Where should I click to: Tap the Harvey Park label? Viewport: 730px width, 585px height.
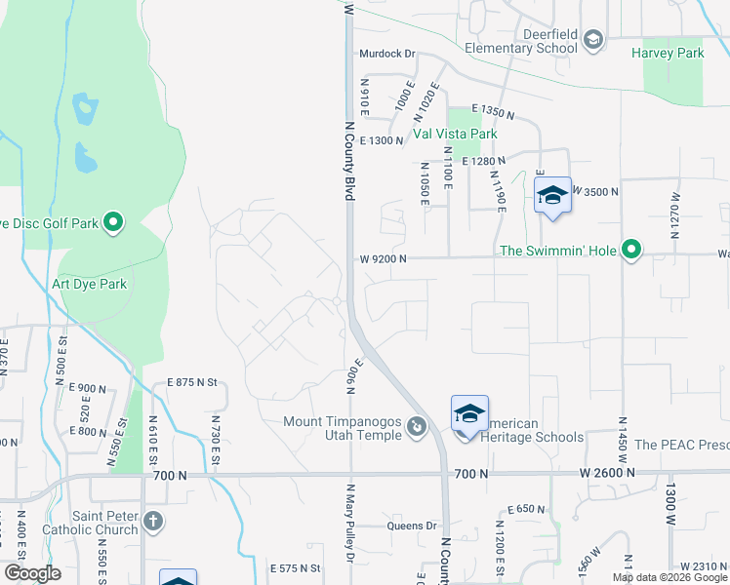click(668, 53)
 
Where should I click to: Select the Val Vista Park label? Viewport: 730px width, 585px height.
click(455, 134)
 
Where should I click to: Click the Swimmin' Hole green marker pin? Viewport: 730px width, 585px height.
click(632, 251)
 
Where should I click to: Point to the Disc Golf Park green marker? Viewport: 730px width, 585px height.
click(113, 223)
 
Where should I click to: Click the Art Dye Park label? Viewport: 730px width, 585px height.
click(90, 285)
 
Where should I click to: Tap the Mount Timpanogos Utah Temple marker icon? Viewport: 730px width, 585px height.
click(417, 426)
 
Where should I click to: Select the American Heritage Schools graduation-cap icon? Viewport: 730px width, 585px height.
click(469, 414)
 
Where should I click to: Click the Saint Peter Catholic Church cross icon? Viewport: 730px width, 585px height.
click(152, 521)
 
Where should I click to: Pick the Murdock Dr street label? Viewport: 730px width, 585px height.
click(387, 55)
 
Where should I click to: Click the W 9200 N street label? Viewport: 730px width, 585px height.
click(382, 259)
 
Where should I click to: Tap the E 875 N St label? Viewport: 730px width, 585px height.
click(189, 382)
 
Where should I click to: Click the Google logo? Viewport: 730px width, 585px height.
click(32, 573)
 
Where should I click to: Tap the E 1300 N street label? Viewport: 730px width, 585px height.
click(382, 141)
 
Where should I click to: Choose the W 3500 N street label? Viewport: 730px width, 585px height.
click(595, 191)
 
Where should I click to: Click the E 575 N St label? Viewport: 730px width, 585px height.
click(296, 567)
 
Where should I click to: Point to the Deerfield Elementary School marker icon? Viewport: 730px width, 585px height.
click(592, 39)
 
